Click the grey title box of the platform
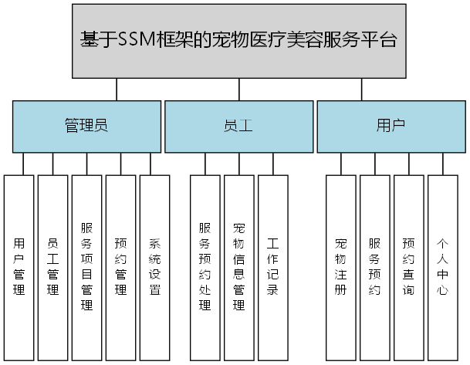pyautogui.click(x=239, y=40)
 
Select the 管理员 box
pyautogui.click(x=86, y=126)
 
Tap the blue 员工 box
pyautogui.click(x=238, y=126)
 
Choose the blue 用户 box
pyautogui.click(x=391, y=126)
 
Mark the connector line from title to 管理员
pyautogui.click(x=117, y=89)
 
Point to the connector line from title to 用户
pyautogui.click(x=361, y=89)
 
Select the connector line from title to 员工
pyautogui.click(x=239, y=89)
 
